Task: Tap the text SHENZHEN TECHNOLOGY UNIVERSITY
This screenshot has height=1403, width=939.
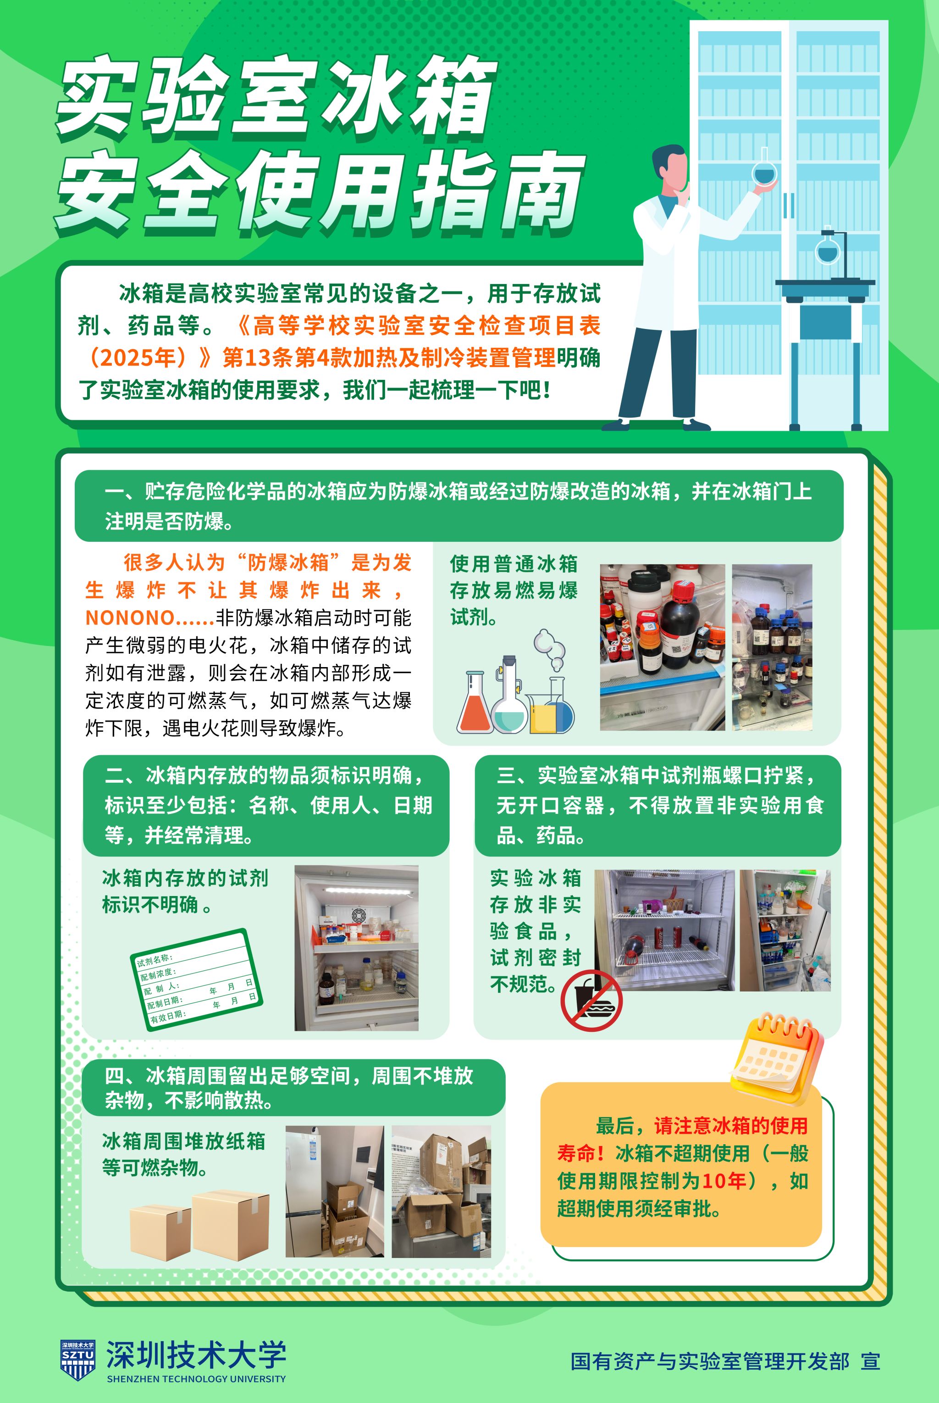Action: pyautogui.click(x=196, y=1378)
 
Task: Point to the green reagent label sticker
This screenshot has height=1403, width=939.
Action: pyautogui.click(x=196, y=980)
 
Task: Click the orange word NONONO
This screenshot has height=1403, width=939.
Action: pyautogui.click(x=129, y=617)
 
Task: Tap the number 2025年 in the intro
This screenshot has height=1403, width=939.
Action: pyautogui.click(x=137, y=358)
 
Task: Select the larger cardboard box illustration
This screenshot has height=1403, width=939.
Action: pyautogui.click(x=231, y=1225)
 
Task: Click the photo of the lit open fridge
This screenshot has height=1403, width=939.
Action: pyautogui.click(x=356, y=948)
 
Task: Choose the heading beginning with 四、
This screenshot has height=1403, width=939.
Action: pyautogui.click(x=289, y=1087)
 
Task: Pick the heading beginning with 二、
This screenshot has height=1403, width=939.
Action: pyautogui.click(x=268, y=805)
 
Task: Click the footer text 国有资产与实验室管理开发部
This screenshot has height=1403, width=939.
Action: pyautogui.click(x=710, y=1361)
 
